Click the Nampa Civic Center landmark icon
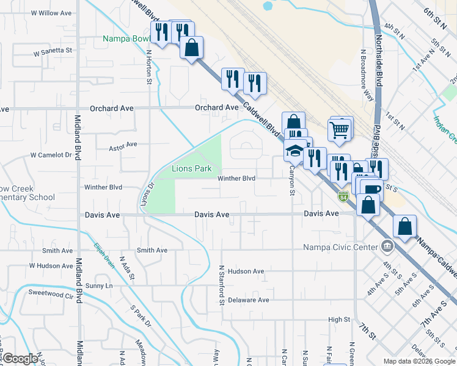point(386,247)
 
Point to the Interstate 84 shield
point(343,196)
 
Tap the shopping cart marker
point(339,129)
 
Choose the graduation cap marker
point(295,149)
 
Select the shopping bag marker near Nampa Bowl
point(192,47)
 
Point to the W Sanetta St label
point(53,52)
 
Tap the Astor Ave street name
point(123,146)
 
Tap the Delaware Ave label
point(248,300)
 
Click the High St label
point(339,320)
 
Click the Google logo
point(20,359)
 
